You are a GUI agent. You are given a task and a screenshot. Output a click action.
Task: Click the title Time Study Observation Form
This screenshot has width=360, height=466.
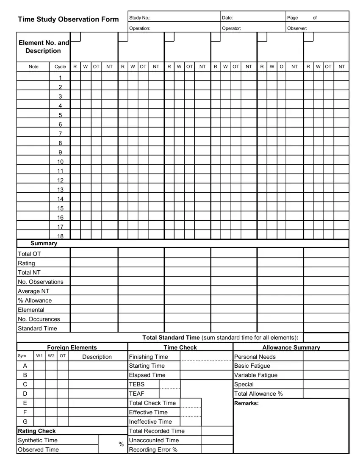[68, 19]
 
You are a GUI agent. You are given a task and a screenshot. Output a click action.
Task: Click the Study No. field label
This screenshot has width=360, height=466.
[139, 18]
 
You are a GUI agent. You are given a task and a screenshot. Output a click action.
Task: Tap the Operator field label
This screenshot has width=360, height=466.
[231, 28]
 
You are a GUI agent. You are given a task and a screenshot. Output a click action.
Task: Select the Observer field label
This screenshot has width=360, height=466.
[297, 28]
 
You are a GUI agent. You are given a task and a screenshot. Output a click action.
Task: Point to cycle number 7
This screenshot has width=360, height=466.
[60, 134]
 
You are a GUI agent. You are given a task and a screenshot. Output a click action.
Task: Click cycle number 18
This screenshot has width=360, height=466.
[60, 236]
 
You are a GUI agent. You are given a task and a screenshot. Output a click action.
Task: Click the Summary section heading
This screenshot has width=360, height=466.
[44, 244]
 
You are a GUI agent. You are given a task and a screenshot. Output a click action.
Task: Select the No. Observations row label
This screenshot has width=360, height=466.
[40, 282]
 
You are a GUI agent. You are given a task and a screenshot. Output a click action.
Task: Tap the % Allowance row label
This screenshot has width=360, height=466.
[35, 300]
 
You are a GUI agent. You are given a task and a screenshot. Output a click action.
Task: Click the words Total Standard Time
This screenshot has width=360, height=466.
[171, 338]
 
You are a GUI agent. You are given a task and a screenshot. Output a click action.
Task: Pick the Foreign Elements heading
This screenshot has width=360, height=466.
[72, 347]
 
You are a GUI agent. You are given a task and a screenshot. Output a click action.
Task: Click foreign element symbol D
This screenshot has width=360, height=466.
[25, 394]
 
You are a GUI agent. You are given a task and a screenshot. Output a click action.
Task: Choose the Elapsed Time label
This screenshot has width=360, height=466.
[147, 375]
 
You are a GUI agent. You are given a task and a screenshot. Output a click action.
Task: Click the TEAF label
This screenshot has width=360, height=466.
[136, 394]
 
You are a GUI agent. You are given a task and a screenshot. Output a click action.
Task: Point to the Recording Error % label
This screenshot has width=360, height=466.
[153, 449]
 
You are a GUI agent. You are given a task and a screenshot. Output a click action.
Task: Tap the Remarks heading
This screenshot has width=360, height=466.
[246, 403]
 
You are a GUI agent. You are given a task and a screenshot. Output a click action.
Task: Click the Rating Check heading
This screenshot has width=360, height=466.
[37, 431]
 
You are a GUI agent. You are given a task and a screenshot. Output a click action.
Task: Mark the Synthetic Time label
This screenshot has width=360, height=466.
[37, 440]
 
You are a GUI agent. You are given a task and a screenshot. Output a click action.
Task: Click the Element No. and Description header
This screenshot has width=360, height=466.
[44, 47]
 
